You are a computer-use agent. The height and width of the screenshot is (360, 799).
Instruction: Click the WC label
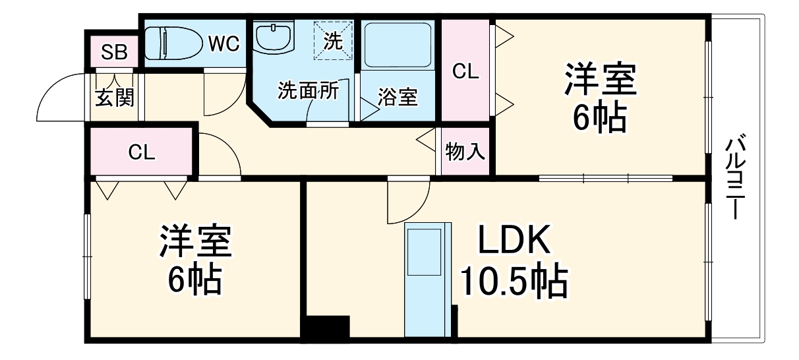coord(224,44)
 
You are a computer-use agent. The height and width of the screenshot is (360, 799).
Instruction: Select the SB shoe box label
coord(114,52)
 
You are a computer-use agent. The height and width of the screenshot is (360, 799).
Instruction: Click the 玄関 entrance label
coord(115,97)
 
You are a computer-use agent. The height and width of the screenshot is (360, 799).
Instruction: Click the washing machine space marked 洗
coord(333,41)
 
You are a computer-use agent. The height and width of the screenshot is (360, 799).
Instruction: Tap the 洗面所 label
coord(309,90)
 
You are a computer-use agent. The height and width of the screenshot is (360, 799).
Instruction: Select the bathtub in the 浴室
coord(398,45)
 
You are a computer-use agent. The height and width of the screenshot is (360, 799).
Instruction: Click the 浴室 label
coord(398,97)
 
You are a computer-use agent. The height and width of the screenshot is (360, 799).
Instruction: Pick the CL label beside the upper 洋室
coord(465,71)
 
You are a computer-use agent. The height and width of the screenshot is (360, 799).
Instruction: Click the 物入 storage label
coord(465,151)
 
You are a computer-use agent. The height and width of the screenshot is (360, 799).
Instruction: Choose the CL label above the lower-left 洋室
coord(142,152)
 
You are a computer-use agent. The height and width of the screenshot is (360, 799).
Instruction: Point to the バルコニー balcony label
coord(736,176)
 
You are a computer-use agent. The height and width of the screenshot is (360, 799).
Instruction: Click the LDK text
coord(514,240)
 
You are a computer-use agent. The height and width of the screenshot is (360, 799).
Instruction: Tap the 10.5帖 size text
coord(514,282)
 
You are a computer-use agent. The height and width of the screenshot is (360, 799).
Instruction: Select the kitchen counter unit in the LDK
coord(428,280)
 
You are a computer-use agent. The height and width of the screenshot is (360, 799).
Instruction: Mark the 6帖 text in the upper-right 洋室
coord(600,116)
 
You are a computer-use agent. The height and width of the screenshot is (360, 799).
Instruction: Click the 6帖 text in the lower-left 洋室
coord(194,278)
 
